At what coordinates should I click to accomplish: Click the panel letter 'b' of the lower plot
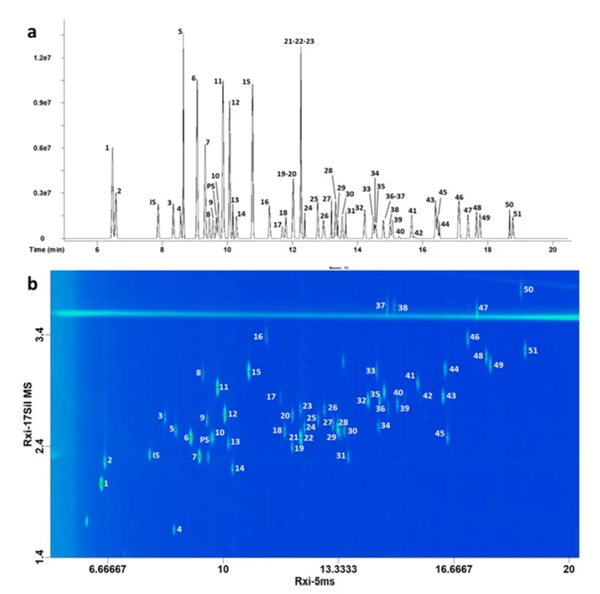pyautogui.click(x=32, y=285)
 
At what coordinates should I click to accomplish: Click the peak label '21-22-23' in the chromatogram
pyautogui.click(x=299, y=40)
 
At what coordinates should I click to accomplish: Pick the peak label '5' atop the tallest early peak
pyautogui.click(x=180, y=31)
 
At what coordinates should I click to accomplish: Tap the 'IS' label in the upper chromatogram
pyautogui.click(x=153, y=202)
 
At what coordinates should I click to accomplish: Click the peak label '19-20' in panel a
pyautogui.click(x=286, y=174)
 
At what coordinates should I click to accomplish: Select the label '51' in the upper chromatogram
pyautogui.click(x=517, y=213)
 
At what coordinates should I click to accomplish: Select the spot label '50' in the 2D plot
pyautogui.click(x=528, y=290)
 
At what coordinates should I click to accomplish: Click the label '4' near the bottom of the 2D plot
pyautogui.click(x=179, y=530)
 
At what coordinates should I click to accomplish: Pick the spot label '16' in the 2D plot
pyautogui.click(x=258, y=337)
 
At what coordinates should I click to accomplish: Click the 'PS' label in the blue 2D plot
pyautogui.click(x=204, y=439)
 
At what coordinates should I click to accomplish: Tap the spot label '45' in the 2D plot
pyautogui.click(x=439, y=434)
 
